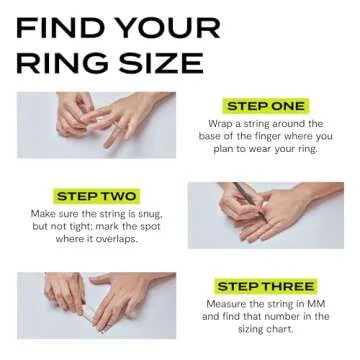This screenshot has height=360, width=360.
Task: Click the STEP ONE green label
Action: pyautogui.click(x=266, y=105)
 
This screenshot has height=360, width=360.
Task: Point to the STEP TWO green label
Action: pyautogui.click(x=97, y=196)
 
